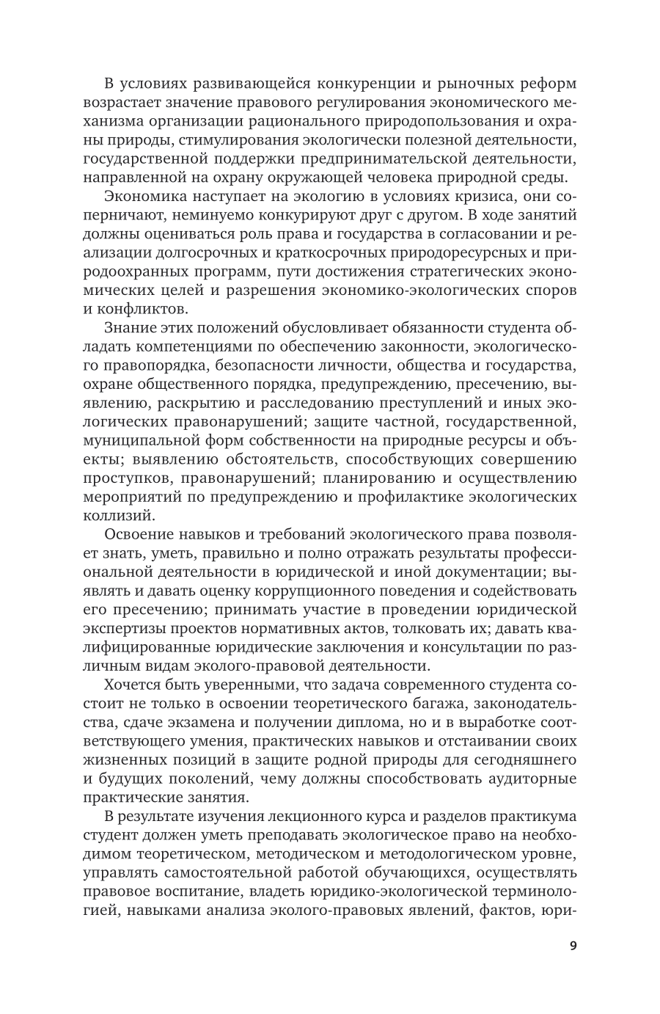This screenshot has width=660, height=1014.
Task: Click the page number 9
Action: pyautogui.click(x=573, y=945)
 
